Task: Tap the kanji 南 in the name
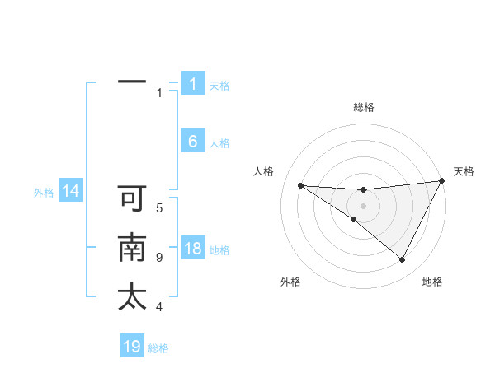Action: (132, 249)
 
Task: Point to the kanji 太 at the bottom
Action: (132, 297)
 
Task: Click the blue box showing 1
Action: (192, 84)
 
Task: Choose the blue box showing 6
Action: (192, 142)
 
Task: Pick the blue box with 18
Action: (192, 249)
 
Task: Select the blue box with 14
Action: (71, 192)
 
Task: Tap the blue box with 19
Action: (132, 347)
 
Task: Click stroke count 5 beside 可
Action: (159, 207)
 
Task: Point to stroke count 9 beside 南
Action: (159, 257)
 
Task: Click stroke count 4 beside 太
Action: (159, 307)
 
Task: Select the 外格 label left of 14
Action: (44, 193)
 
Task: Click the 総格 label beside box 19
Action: (158, 348)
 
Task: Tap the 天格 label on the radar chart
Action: (464, 171)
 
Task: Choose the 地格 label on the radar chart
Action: (432, 282)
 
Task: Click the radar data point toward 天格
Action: (442, 181)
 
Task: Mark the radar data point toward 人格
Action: (300, 185)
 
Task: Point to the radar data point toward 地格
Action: (402, 260)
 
